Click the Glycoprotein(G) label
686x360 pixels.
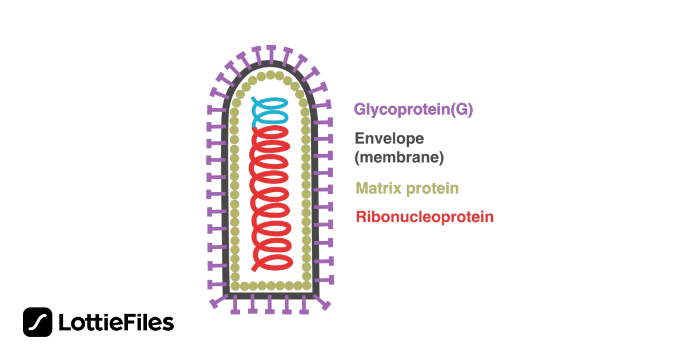tap(413, 110)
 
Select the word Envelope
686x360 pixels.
tap(390, 138)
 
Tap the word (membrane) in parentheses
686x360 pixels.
tap(400, 158)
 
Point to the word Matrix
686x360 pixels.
tap(378, 188)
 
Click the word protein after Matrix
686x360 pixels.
tap(432, 189)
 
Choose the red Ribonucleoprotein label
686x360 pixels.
tap(424, 217)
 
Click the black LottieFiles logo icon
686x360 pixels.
tap(38, 322)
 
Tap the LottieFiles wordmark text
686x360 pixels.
tap(116, 323)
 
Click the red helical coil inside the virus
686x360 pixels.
tap(271, 194)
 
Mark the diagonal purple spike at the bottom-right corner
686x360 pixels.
tap(324, 303)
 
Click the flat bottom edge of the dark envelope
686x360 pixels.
tap(270, 295)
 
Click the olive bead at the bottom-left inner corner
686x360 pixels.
tap(235, 285)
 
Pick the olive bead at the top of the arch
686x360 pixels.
tap(270, 75)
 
